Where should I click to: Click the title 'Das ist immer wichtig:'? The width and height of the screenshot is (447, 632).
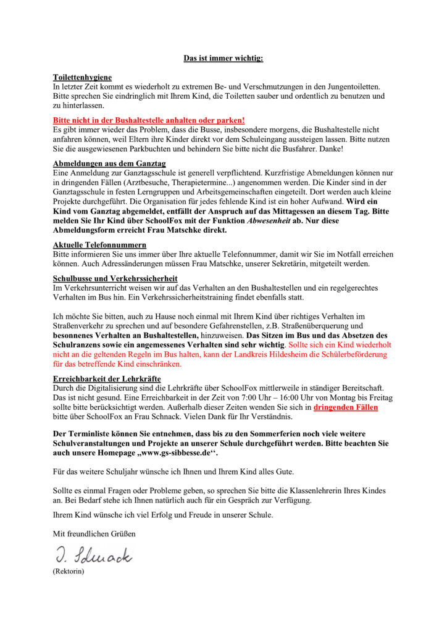tap(223, 58)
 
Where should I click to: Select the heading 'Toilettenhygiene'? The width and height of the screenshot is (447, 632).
tap(82, 77)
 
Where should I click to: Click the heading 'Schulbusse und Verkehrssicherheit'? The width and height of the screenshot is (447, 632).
tap(115, 278)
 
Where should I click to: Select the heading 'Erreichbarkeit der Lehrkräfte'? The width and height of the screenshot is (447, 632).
tap(107, 378)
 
